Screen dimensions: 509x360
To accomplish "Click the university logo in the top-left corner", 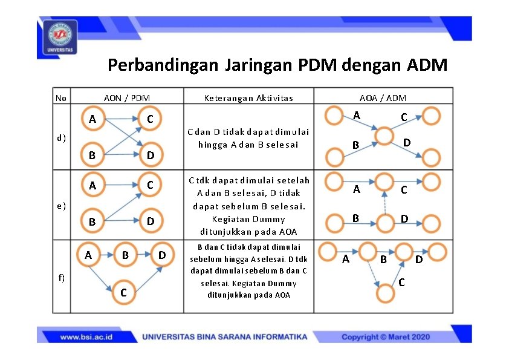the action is point(59,38).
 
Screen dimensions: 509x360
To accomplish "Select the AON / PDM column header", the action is point(127,97).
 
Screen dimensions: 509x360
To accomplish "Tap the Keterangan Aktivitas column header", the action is point(248,97).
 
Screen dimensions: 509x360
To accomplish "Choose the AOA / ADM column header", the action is point(383,97).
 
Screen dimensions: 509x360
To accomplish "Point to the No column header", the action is point(61,97).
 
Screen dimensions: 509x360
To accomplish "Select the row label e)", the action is point(61,205).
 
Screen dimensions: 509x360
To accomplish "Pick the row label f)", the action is point(61,277).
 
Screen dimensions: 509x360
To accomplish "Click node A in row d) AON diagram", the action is point(92,119).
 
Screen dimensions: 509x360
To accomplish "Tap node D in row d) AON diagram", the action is point(149,155).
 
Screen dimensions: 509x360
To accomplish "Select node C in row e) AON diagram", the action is point(149,185).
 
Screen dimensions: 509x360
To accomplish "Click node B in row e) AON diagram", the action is point(92,221).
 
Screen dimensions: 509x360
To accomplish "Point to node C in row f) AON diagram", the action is point(123,292).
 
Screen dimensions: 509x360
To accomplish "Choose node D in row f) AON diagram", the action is point(161,255).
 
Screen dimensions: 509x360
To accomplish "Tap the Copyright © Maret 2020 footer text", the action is point(386,336).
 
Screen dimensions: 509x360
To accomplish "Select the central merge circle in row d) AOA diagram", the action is point(384,136).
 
